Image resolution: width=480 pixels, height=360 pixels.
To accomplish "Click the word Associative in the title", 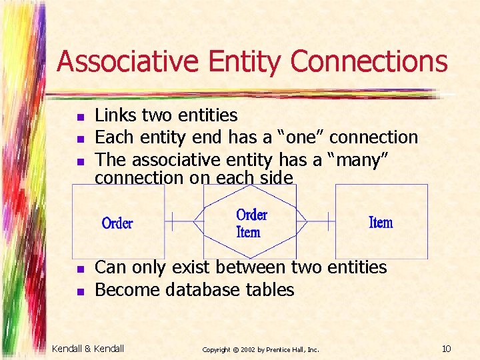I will tap(127, 62).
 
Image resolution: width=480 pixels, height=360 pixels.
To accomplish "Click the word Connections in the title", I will tap(369, 62).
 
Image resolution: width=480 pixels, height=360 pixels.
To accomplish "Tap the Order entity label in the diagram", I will tap(117, 223).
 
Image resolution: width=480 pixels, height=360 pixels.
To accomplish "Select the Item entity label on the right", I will tap(381, 223).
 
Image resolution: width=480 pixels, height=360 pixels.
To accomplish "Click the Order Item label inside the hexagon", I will tap(251, 223).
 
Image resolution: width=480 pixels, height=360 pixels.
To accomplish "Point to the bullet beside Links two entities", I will tap(80, 117).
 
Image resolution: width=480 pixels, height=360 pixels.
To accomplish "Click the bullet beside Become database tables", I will tap(80, 291).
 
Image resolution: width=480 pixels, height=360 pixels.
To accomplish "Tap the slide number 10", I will tap(447, 349).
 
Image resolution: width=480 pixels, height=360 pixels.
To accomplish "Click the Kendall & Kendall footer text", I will tap(88, 349).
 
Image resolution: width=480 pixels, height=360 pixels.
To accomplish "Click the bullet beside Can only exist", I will tap(80, 269).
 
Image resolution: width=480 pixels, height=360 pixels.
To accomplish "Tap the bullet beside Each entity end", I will tap(80, 139).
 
